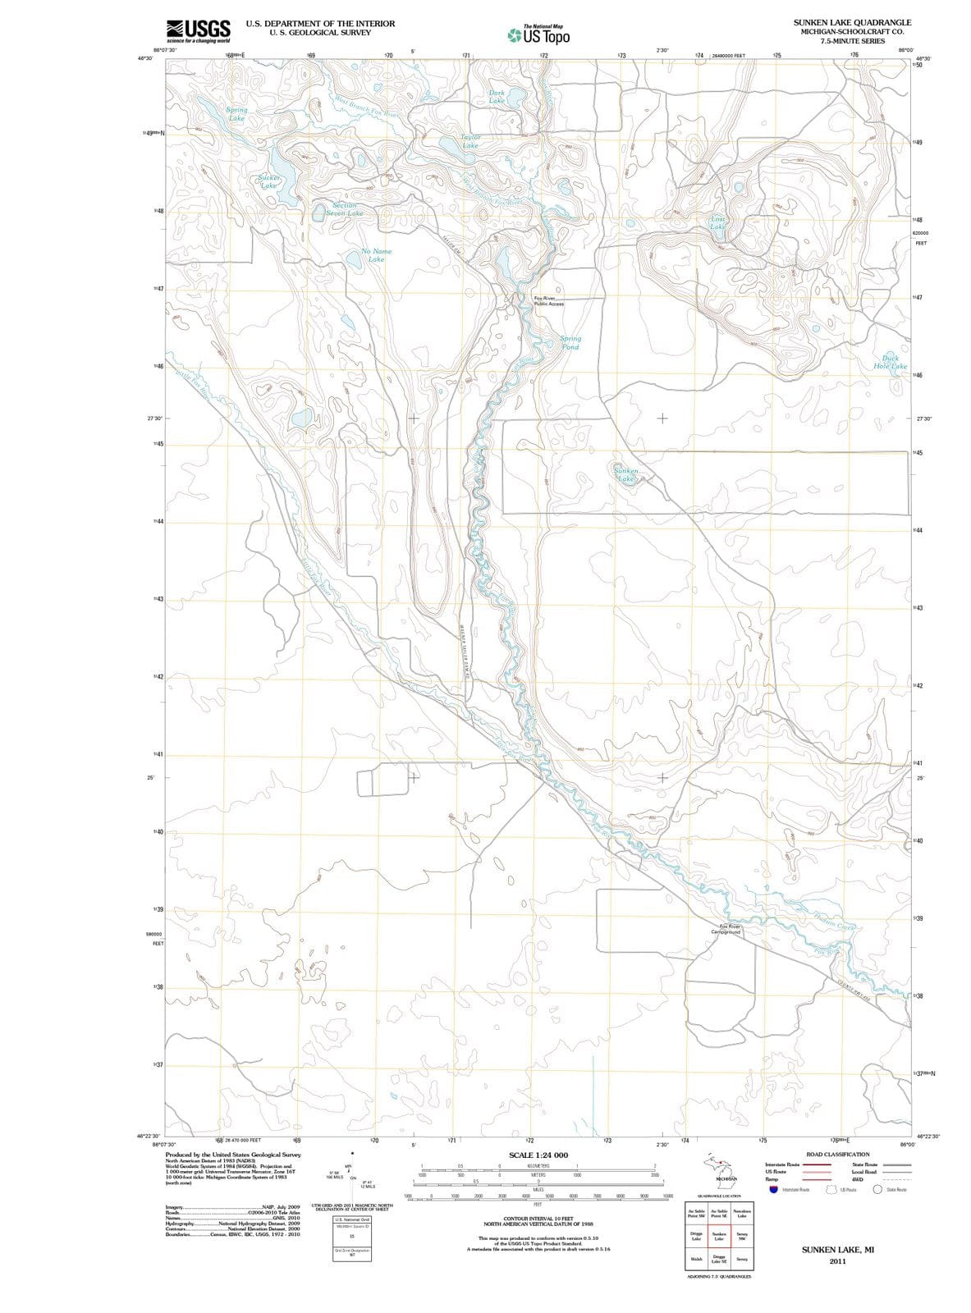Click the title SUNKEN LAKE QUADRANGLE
coord(852,22)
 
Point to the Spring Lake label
coord(236,114)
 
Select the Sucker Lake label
coord(268,181)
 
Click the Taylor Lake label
coord(470,141)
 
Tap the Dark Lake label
coord(497,97)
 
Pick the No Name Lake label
coord(376,255)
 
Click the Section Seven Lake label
coord(345,209)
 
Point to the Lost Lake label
coord(717,223)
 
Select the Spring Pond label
coord(570,342)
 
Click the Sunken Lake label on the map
coord(627,474)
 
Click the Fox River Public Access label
coord(548,301)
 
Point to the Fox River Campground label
coord(726,929)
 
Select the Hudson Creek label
coord(835,921)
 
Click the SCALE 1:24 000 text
coord(538,1155)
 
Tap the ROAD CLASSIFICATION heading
coord(837,1154)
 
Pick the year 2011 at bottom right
coord(837,1261)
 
